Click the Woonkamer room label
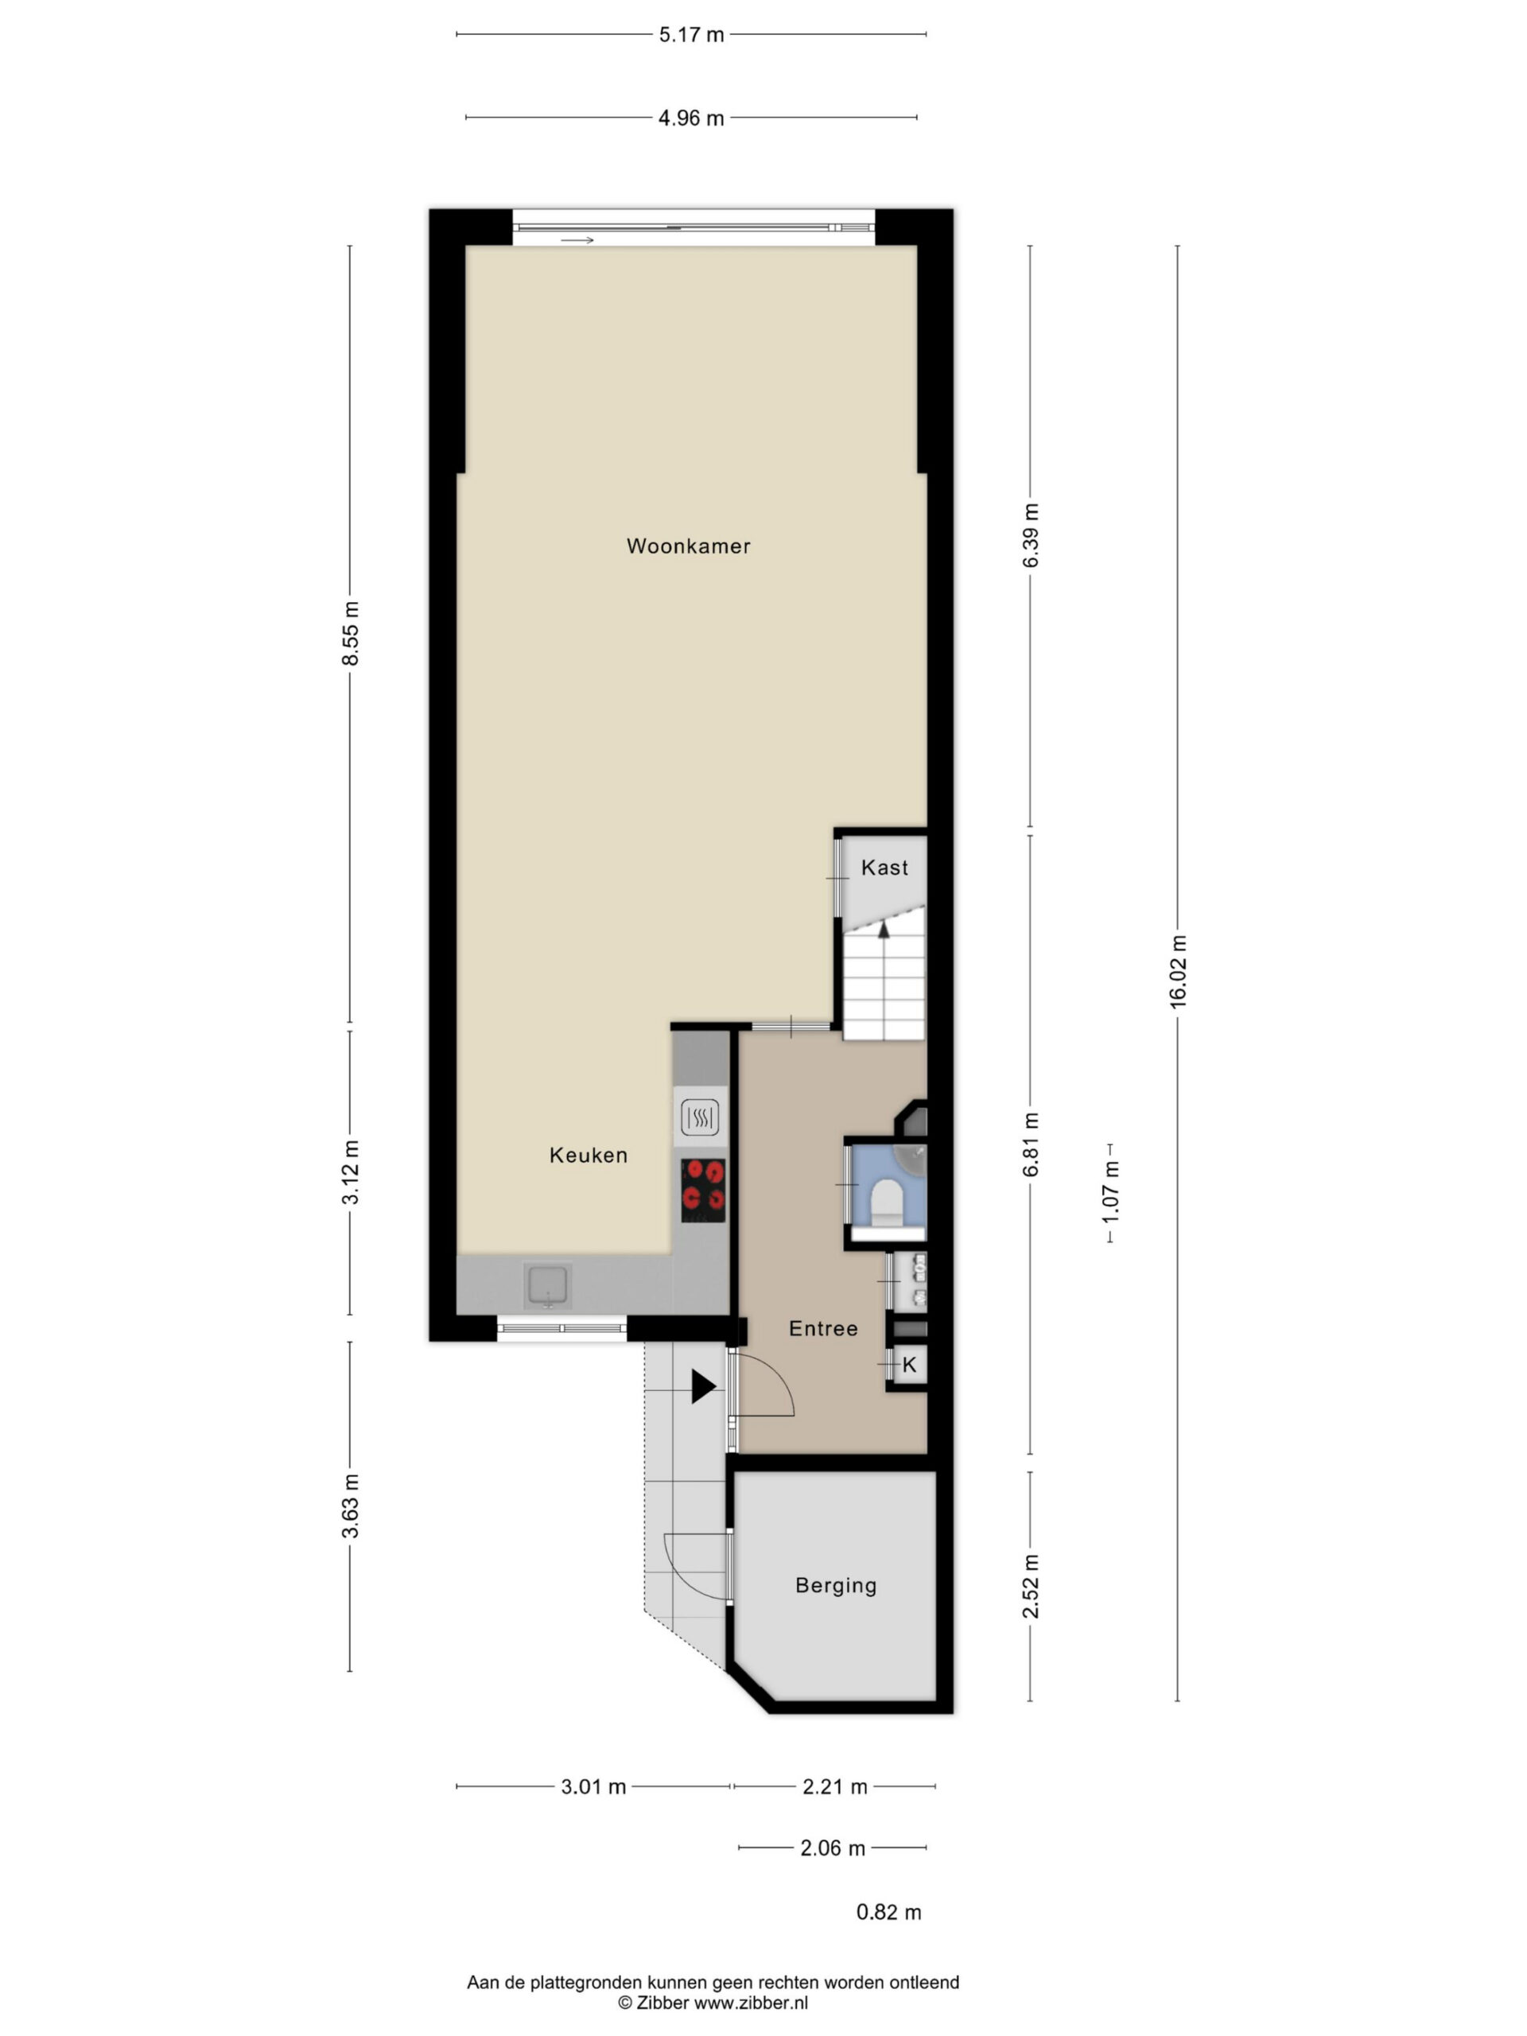(688, 546)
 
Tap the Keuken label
(589, 1155)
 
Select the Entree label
(823, 1328)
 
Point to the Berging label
(836, 1585)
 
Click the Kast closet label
(884, 867)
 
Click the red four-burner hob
(703, 1190)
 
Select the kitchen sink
(548, 1285)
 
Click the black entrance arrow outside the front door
(703, 1387)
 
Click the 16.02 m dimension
(1178, 971)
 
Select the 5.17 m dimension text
(691, 35)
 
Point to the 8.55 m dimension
(350, 633)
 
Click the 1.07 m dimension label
(1111, 1192)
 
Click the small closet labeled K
(908, 1365)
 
